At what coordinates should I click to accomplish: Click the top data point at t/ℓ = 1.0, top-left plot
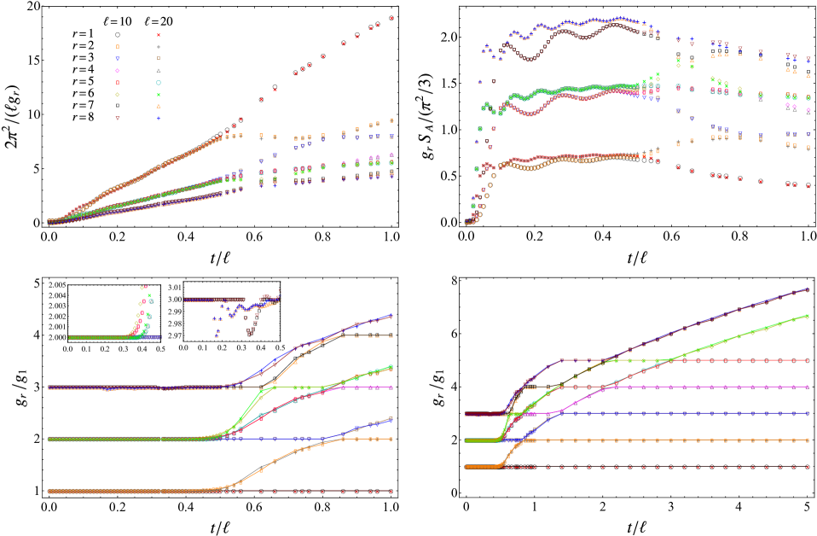(391, 17)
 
